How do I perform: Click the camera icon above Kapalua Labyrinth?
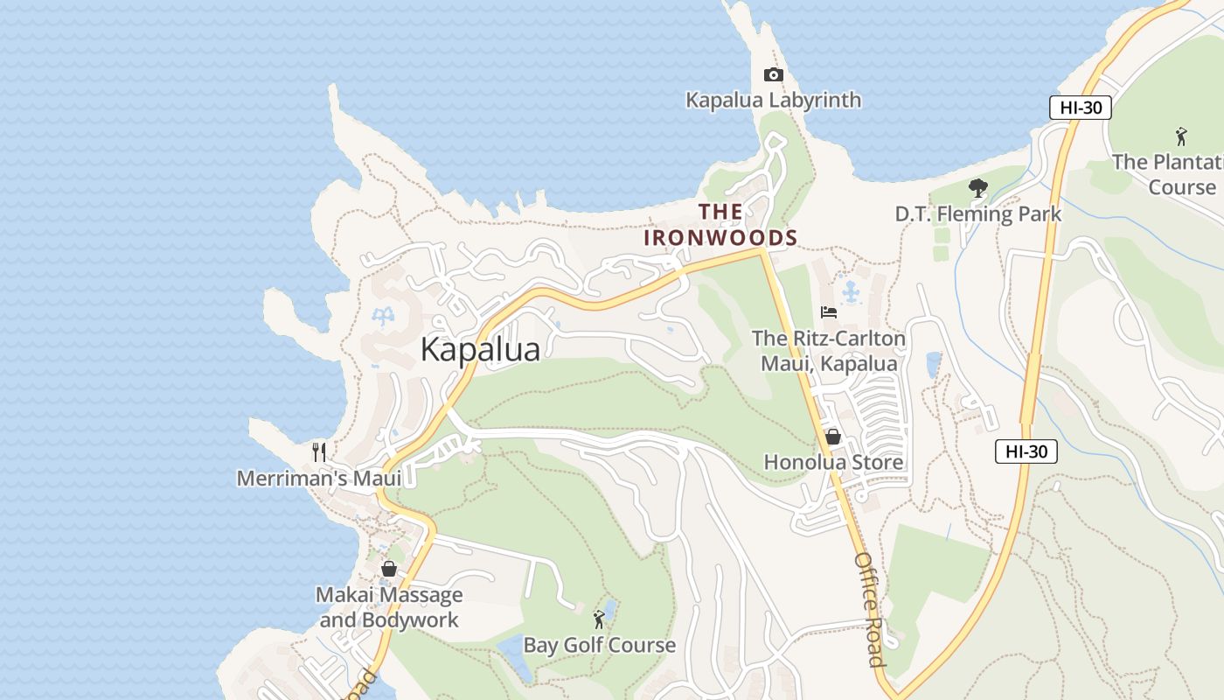pos(773,75)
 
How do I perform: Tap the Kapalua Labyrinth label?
pos(773,100)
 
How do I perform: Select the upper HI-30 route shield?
pos(1080,108)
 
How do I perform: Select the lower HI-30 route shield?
pos(1026,451)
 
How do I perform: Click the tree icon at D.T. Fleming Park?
pos(977,187)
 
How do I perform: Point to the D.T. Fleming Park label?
pos(977,213)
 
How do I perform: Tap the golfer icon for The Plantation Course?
pos(1181,136)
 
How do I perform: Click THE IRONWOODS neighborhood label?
pos(721,225)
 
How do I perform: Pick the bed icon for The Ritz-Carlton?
pos(828,312)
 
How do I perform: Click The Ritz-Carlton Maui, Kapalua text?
pos(828,350)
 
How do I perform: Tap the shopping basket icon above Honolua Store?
pos(833,437)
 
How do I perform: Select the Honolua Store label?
pos(833,462)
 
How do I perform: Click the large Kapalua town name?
pos(480,349)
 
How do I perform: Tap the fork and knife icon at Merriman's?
pos(319,452)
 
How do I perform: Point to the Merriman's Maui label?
pos(319,479)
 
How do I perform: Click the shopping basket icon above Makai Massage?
pos(389,569)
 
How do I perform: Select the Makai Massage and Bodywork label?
pos(389,607)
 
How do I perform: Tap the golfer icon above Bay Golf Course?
pos(599,620)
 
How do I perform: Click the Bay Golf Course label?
pos(599,646)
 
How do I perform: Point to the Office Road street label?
pos(870,609)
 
